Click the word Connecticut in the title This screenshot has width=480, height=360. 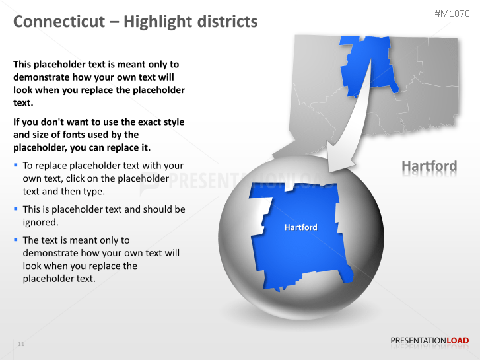[59, 22]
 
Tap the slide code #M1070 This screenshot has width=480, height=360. [452, 14]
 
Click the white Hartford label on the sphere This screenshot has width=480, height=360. [300, 227]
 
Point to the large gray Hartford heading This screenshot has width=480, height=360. [429, 166]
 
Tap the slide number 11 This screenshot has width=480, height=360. [21, 344]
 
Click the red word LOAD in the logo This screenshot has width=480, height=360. [458, 341]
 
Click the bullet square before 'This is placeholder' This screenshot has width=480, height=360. [15, 208]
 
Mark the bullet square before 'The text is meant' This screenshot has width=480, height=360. [15, 239]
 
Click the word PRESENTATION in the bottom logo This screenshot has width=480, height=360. [419, 341]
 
